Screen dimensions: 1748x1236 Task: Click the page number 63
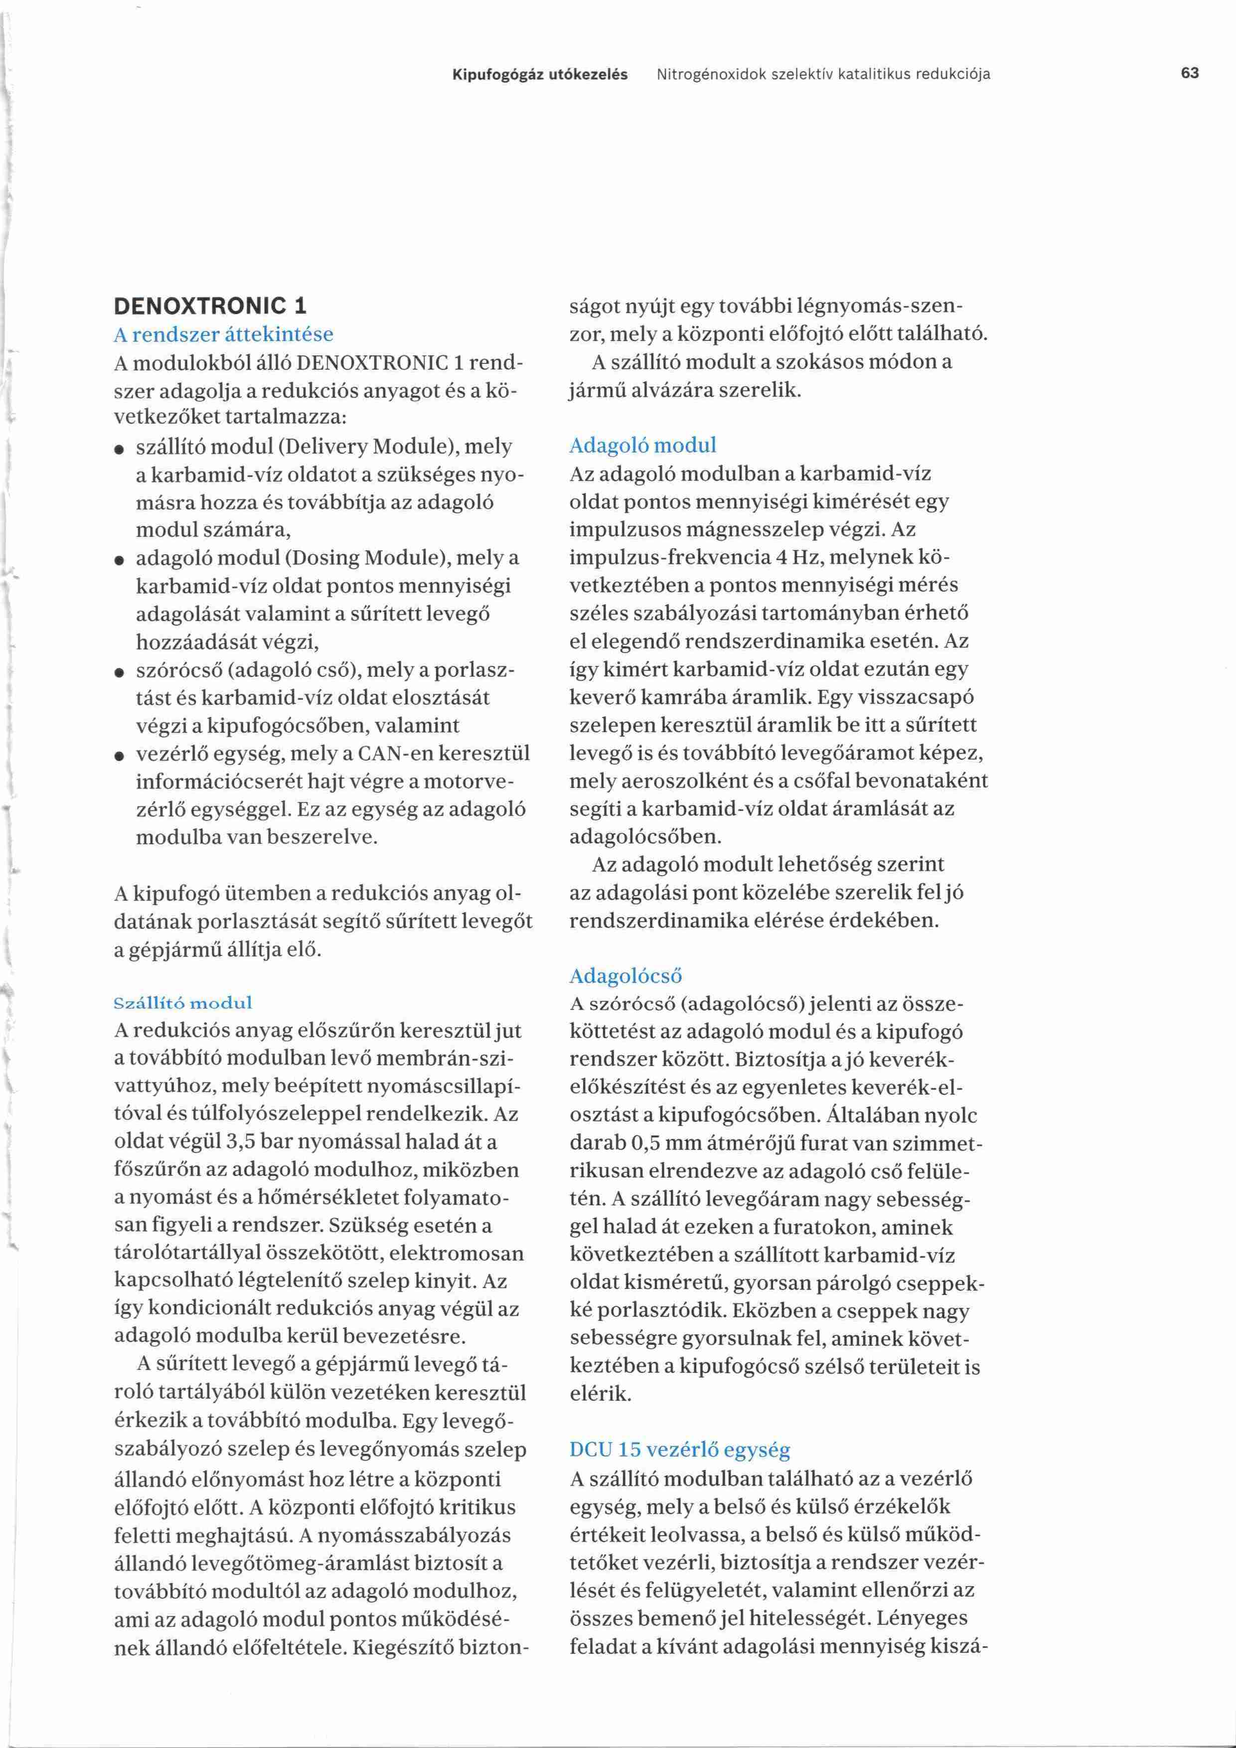pos(1190,73)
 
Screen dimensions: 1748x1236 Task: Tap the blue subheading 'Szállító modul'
pos(183,1003)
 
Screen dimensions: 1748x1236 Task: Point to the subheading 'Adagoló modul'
pos(643,446)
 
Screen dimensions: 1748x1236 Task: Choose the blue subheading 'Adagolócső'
pos(625,976)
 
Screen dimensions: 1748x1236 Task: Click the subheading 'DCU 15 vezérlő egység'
pos(680,1450)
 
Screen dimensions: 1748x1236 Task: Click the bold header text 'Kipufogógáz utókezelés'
pos(540,75)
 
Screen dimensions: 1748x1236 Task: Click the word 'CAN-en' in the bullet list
pos(395,755)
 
